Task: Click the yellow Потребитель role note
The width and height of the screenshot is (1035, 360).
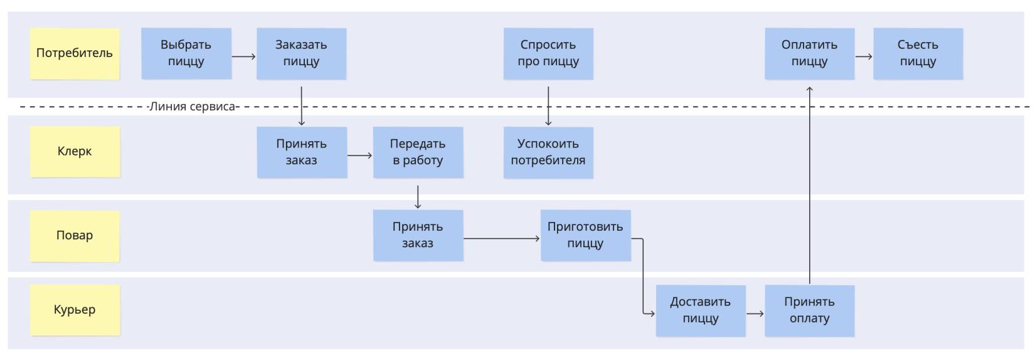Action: pos(75,53)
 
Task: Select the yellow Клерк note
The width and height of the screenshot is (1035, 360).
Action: pos(75,151)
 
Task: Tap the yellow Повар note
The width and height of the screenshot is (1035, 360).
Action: pos(75,235)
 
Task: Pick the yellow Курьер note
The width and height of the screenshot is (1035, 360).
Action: pos(75,310)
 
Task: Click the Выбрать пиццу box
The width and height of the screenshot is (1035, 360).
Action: pos(186,53)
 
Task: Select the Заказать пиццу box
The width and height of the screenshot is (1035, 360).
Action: pos(301,53)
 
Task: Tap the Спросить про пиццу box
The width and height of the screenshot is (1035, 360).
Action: pos(548,53)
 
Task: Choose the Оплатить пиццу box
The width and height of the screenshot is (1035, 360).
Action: pos(809,53)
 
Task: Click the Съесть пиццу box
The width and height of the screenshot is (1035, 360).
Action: pos(918,53)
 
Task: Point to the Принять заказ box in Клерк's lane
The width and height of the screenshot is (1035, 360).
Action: pos(301,152)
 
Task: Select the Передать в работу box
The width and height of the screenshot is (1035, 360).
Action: pos(418,152)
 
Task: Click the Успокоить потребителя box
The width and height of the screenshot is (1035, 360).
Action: pos(548,152)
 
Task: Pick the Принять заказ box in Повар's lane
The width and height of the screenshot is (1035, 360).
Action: pos(418,235)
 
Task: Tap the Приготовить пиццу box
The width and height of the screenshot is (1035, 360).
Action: pos(585,235)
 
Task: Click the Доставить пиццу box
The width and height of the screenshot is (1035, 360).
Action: pos(701,310)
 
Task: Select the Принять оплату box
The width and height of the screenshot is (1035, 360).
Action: pos(809,310)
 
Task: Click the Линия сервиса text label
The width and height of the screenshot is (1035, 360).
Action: pos(192,107)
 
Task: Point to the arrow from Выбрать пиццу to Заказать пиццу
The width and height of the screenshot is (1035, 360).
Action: pos(243,56)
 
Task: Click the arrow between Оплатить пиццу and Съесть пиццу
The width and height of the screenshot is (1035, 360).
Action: pos(864,56)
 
